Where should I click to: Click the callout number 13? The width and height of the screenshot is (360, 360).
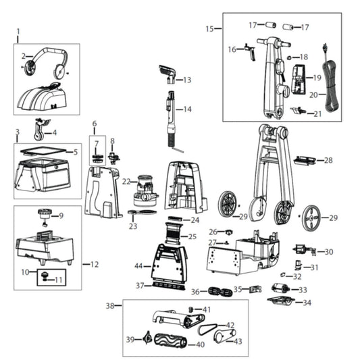tap(187, 80)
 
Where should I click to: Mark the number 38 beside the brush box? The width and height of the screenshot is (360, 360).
tap(109, 305)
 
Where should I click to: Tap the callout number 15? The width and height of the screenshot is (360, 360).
tap(209, 28)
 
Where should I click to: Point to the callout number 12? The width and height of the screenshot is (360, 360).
tap(95, 263)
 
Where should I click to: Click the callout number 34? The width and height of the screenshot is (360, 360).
tap(307, 303)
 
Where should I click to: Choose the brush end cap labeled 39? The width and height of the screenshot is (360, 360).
tap(145, 338)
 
